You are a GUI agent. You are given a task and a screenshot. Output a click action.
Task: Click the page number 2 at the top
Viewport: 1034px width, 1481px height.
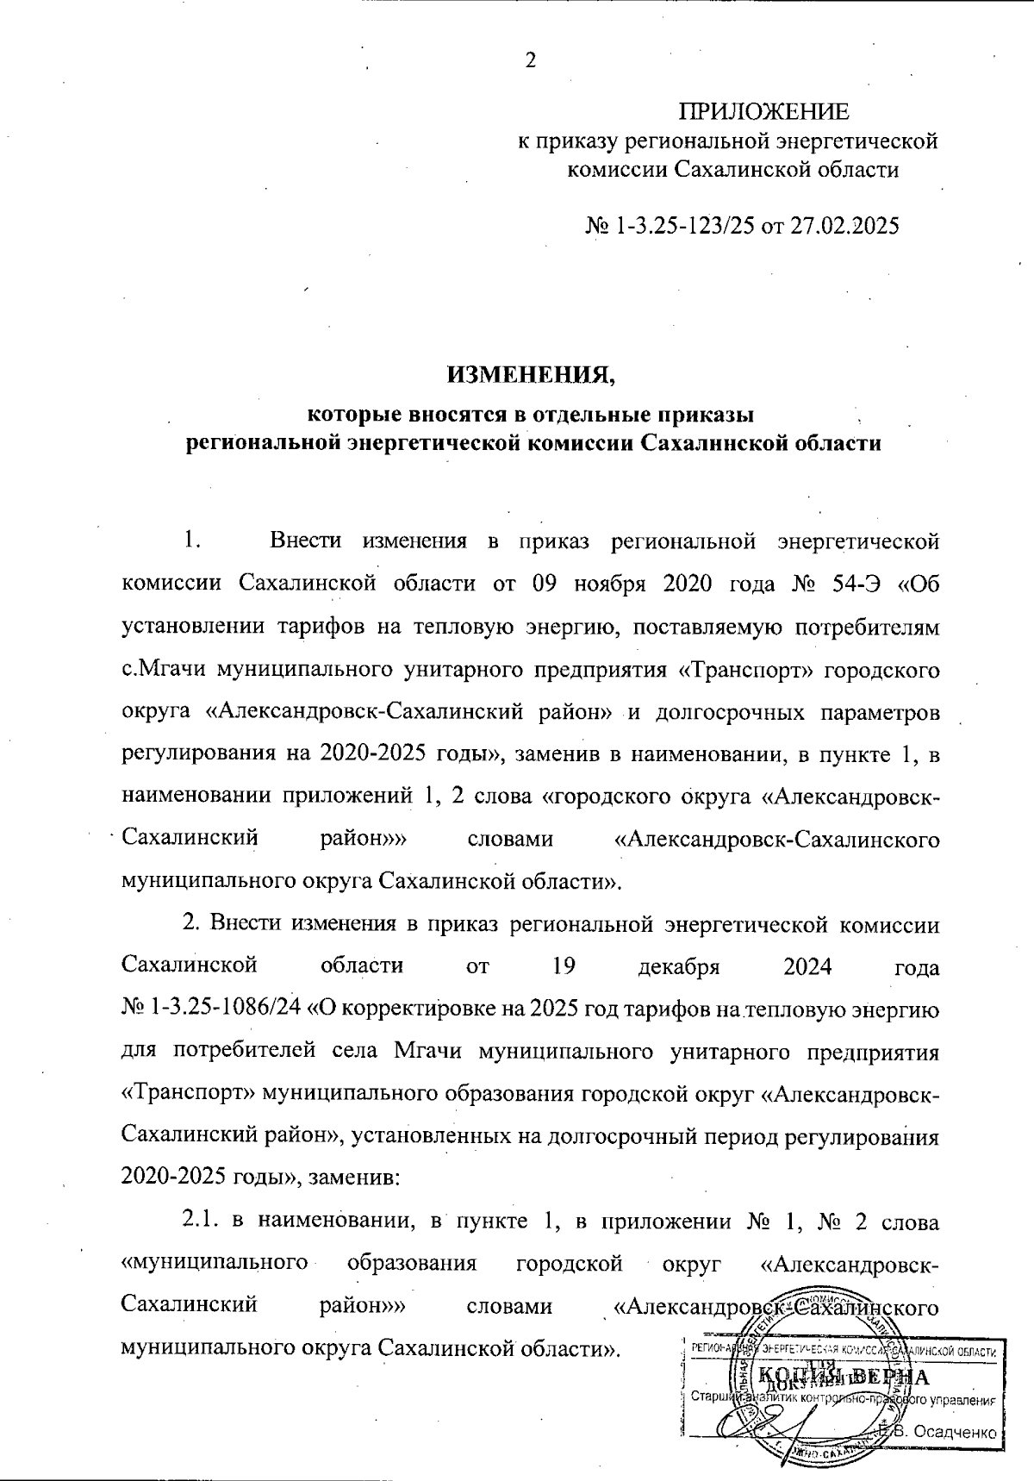click(x=530, y=61)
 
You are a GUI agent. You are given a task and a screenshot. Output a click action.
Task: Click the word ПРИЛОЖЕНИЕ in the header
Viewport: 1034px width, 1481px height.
click(x=763, y=112)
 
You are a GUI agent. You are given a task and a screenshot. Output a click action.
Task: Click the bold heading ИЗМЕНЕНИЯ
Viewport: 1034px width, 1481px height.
click(x=532, y=375)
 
